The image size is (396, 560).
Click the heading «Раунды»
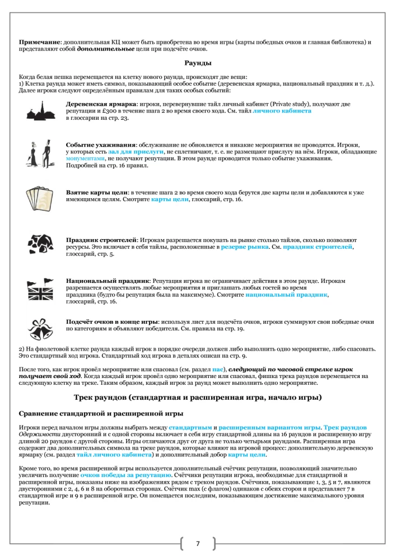(198, 63)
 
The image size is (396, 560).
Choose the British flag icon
(40, 288)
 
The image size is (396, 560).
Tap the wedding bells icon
(40, 329)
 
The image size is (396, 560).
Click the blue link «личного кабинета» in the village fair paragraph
(282, 111)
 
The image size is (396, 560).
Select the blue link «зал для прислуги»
(136, 152)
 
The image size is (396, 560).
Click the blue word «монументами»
(86, 158)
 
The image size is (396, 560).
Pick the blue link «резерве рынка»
(244, 246)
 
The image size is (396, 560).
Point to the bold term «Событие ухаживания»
(100, 144)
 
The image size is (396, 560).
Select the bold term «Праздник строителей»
(101, 239)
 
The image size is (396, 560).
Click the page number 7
(198, 543)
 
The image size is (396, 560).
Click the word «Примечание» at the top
(40, 43)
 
